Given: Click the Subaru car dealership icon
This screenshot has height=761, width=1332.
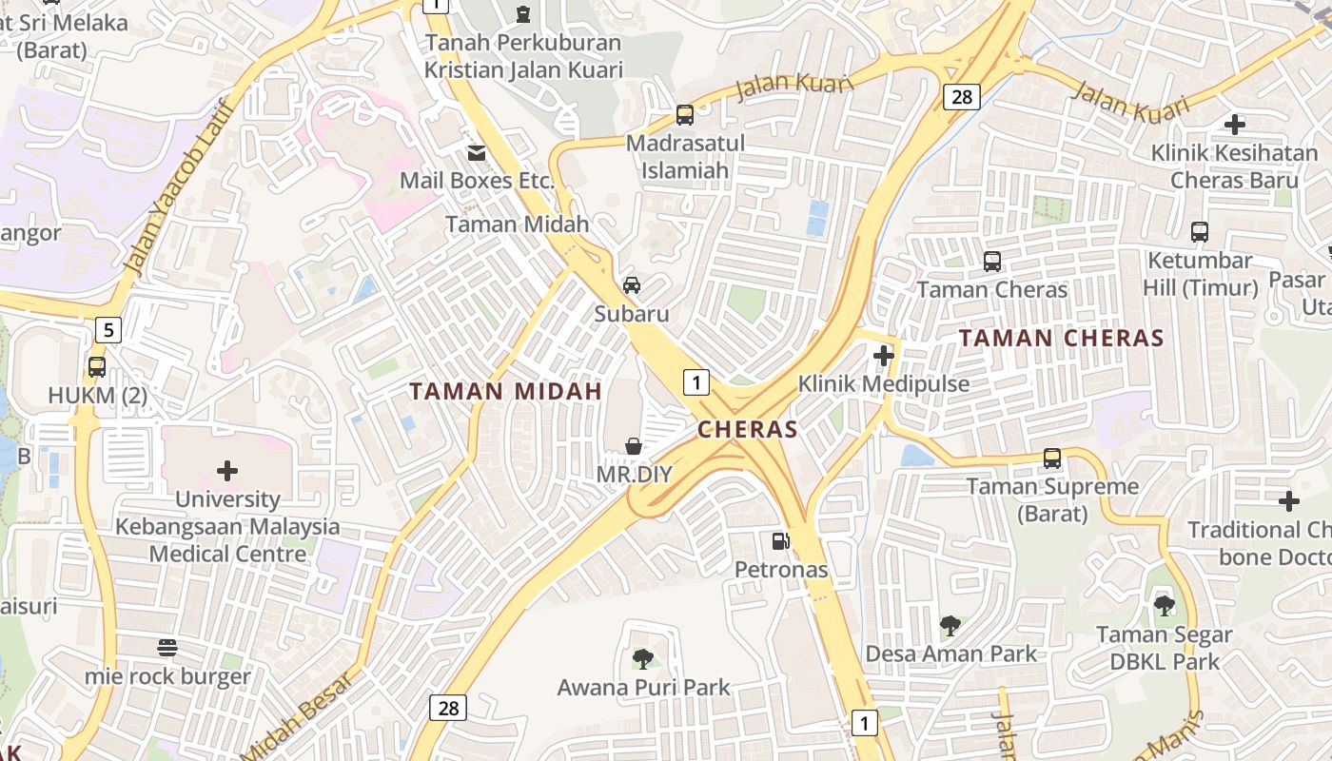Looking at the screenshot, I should [631, 285].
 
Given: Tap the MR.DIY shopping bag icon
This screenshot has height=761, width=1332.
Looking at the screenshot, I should [633, 445].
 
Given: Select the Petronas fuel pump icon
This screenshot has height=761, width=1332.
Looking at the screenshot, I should [780, 541].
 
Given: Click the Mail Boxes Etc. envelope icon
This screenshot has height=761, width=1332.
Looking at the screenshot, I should [476, 152].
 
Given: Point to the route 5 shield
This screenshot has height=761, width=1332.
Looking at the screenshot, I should [108, 330].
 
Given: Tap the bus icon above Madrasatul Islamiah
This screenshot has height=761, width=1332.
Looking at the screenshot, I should [684, 115].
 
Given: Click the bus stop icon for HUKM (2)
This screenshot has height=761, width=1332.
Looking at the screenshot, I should [97, 366].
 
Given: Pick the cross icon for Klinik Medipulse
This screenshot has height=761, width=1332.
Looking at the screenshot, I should [884, 356].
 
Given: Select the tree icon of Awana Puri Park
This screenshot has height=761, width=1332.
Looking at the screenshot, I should [643, 658].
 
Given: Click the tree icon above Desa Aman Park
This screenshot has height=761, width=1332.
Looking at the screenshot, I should [950, 625].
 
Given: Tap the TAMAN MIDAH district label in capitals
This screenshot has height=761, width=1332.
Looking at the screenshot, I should [505, 391].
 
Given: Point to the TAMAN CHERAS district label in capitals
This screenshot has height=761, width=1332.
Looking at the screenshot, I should [1061, 338].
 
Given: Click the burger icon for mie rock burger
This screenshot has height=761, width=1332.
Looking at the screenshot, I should [167, 648].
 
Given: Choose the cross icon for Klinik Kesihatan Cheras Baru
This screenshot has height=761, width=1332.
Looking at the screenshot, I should [1234, 124].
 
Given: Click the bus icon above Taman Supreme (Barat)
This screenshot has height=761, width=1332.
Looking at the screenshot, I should [1052, 458].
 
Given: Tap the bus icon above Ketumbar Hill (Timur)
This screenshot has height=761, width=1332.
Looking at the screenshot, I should [1200, 231].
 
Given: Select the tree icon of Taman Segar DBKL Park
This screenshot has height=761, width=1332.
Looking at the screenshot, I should [1164, 605].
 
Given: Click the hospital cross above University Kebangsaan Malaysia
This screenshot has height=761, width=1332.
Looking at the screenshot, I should [227, 470].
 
